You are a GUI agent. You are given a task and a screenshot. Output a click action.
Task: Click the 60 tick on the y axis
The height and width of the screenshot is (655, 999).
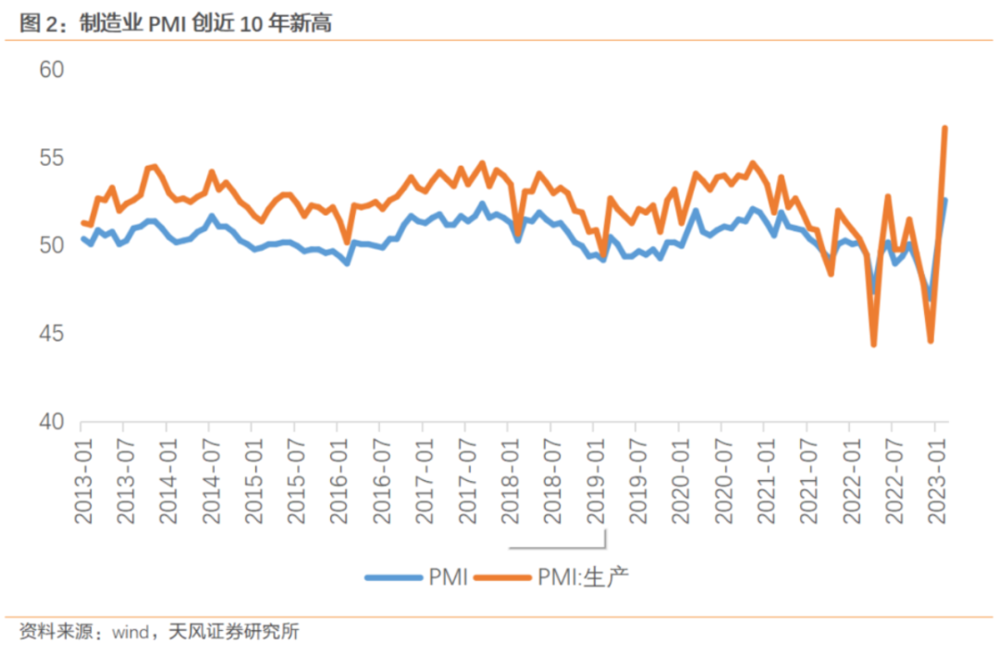[52, 70]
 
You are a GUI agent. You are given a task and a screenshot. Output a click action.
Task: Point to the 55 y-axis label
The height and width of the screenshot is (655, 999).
[52, 158]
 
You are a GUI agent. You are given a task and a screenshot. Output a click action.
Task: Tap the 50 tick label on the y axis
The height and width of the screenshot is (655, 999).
[52, 246]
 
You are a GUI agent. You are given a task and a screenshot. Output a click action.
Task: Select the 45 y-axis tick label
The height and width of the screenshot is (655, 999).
[52, 334]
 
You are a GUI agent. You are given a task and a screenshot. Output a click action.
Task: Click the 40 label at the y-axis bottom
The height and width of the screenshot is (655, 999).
[52, 422]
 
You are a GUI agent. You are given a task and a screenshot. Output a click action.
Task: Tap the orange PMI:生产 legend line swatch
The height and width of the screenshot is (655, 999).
[503, 577]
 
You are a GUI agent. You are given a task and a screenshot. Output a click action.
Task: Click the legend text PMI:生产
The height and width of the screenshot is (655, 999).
[583, 577]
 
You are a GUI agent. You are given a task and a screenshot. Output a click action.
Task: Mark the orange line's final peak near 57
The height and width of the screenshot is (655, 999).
[944, 128]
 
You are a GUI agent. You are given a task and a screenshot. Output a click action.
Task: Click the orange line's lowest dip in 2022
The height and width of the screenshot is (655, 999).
[873, 345]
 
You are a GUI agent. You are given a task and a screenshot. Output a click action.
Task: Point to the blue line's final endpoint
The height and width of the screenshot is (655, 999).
[945, 200]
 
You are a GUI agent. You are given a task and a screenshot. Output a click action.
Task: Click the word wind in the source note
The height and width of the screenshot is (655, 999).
[131, 634]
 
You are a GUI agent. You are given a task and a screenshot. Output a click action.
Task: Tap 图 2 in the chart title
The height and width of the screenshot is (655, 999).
[35, 24]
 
